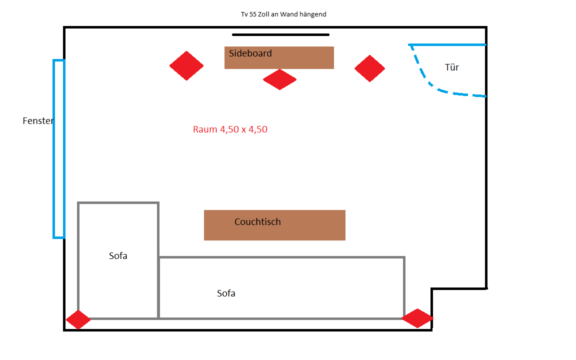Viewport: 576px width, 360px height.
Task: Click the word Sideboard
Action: [250, 53]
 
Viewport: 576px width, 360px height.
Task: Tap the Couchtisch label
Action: [257, 222]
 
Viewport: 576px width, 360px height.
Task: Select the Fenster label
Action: [38, 121]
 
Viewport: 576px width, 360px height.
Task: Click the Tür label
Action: [451, 67]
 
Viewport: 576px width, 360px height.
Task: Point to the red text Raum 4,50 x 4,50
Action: [230, 129]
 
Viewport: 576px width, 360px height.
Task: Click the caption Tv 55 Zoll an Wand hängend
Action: [283, 14]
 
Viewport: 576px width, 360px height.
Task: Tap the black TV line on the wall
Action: [280, 35]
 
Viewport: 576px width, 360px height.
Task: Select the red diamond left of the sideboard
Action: [186, 65]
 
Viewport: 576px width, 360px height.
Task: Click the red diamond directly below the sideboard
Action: [279, 79]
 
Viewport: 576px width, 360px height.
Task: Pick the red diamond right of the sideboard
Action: [369, 68]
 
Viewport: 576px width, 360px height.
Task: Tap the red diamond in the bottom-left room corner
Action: [78, 320]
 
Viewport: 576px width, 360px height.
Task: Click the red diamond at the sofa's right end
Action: [417, 318]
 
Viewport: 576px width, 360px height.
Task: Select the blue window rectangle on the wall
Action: [59, 148]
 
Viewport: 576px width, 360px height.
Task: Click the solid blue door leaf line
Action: [447, 45]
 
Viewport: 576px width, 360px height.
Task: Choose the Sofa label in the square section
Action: [118, 256]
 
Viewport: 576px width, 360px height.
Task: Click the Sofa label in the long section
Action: [226, 293]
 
